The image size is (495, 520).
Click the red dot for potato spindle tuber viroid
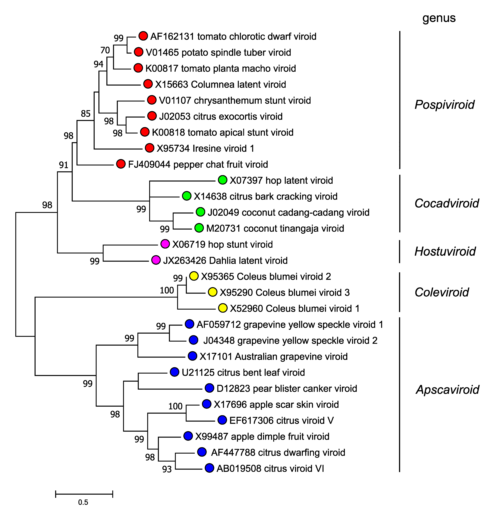139,52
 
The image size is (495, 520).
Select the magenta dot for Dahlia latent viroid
156,260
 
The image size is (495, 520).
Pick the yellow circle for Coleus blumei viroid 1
223,308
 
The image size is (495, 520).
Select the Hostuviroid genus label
445,251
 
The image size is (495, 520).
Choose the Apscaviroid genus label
447,390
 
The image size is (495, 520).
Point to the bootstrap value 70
105,50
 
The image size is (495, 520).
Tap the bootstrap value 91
64,165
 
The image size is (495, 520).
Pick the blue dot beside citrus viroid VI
209,468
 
